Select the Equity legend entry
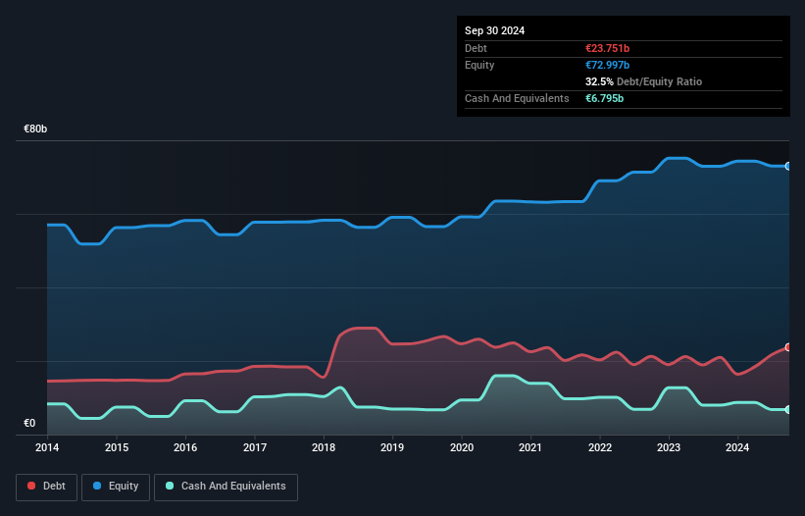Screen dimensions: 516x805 pyautogui.click(x=116, y=486)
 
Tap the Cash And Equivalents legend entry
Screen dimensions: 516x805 pyautogui.click(x=226, y=486)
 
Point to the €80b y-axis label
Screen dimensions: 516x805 pyautogui.click(x=36, y=129)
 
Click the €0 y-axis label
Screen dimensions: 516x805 pyautogui.click(x=29, y=424)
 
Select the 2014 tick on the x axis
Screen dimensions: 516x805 pyautogui.click(x=47, y=447)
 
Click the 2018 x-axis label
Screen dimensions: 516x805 pyautogui.click(x=324, y=447)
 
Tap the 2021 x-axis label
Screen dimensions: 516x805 pyautogui.click(x=530, y=447)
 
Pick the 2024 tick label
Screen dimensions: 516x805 pyautogui.click(x=737, y=447)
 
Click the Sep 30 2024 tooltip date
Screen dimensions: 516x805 pyautogui.click(x=494, y=30)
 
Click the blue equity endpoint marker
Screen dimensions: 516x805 pyautogui.click(x=787, y=166)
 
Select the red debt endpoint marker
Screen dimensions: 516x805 pyautogui.click(x=787, y=347)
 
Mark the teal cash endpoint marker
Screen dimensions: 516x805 pyautogui.click(x=787, y=409)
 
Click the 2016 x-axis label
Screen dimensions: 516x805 pyautogui.click(x=185, y=447)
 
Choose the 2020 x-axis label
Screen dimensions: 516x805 pyautogui.click(x=462, y=447)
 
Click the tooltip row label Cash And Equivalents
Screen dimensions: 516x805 pyautogui.click(x=517, y=98)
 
